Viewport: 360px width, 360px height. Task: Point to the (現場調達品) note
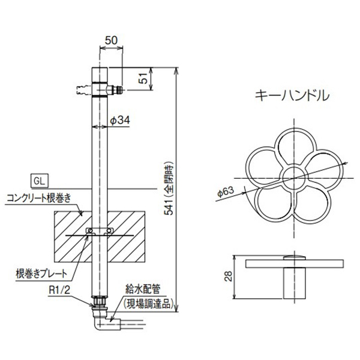click(148, 305)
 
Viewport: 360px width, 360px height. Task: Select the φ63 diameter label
click(226, 193)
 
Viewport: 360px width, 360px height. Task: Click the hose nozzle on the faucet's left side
click(79, 90)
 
